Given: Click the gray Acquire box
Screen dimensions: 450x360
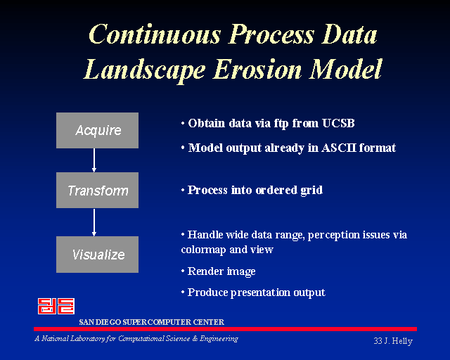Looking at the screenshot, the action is (x=97, y=130).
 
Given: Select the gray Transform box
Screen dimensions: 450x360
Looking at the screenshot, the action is (x=97, y=190).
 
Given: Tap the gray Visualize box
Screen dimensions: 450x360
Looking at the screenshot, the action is (x=97, y=255).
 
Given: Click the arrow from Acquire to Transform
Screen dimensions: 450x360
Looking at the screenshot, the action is (x=94, y=160).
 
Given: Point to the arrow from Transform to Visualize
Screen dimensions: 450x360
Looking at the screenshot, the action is (x=94, y=222).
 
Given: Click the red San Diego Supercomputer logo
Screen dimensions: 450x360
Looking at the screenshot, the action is (x=56, y=306).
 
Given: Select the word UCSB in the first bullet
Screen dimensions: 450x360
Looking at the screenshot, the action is (x=338, y=123).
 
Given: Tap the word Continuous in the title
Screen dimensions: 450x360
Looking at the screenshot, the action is (x=155, y=34).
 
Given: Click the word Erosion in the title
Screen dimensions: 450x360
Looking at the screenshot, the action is (x=257, y=69).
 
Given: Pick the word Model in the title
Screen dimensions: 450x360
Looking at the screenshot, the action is (x=346, y=69).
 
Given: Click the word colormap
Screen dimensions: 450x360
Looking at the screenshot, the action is (x=203, y=250).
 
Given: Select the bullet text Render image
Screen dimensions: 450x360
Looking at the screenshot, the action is (x=221, y=271).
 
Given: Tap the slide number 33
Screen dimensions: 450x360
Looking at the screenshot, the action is (x=378, y=341).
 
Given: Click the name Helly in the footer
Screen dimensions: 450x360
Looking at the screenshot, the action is (x=402, y=341).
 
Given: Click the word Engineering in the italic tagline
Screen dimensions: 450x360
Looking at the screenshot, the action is (x=219, y=339).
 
